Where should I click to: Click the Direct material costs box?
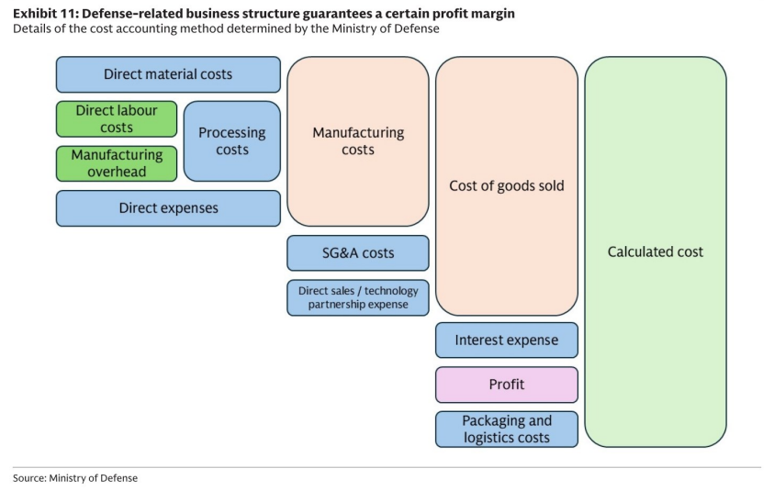[x=168, y=74]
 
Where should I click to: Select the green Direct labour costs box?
[x=117, y=119]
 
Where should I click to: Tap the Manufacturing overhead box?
[x=117, y=163]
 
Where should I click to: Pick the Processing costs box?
[x=232, y=141]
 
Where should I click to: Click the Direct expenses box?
[x=168, y=208]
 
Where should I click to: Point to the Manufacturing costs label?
[x=358, y=141]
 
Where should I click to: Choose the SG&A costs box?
[x=358, y=253]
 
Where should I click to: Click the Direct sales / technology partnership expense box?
[x=358, y=297]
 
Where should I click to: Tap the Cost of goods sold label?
[x=507, y=186]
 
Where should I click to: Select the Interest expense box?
[x=507, y=340]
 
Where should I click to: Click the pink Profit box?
[x=507, y=385]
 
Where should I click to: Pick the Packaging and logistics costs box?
[x=507, y=430]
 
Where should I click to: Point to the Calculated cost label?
[x=655, y=251]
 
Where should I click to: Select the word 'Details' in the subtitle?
[x=29, y=28]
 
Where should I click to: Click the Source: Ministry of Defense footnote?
[x=75, y=478]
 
